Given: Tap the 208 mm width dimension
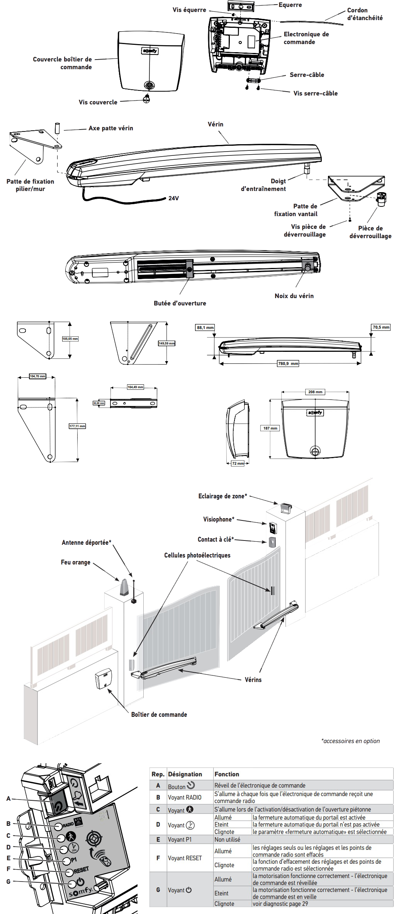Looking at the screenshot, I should click(315, 392).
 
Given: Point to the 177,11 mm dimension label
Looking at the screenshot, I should click(77, 426).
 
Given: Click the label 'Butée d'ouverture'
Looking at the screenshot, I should click(180, 303).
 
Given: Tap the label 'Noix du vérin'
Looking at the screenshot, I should click(294, 296).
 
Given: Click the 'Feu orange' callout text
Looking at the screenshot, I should click(76, 562).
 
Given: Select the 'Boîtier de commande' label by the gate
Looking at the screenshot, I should click(159, 714).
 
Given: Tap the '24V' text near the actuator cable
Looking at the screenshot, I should click(173, 198).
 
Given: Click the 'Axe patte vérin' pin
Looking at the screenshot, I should click(57, 128).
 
